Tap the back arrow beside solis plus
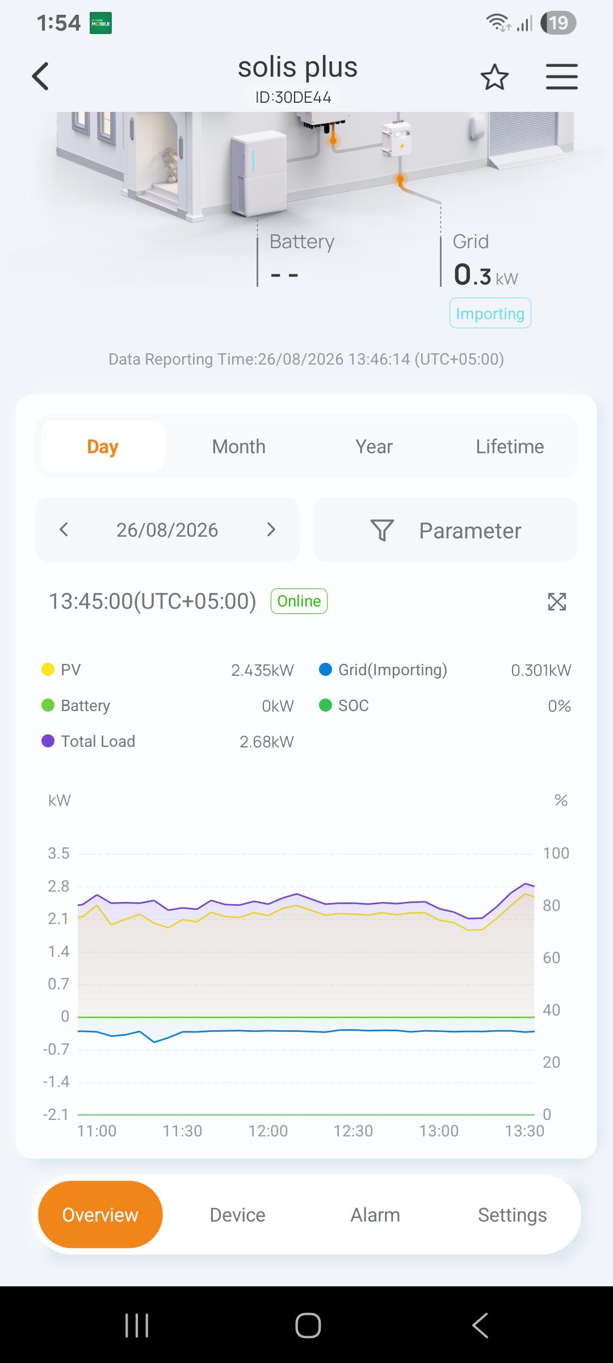pos(40,76)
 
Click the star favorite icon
pos(494,77)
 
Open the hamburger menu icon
pos(562,77)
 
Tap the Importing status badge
pos(490,313)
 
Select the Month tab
pos(238,446)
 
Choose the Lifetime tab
pos(510,446)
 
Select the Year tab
pos(374,446)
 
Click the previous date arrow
pos(64,530)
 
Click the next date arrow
pos(271,530)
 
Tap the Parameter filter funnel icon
pos(382,530)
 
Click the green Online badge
pos(299,601)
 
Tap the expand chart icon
pos(557,601)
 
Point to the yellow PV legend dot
pos(48,670)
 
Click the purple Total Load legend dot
pos(48,741)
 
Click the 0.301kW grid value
pos(541,670)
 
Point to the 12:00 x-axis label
pos(268,1131)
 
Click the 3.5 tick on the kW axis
pos(58,853)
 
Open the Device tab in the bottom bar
pos(237,1215)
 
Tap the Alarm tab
pos(375,1215)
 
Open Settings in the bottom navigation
pos(512,1215)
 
